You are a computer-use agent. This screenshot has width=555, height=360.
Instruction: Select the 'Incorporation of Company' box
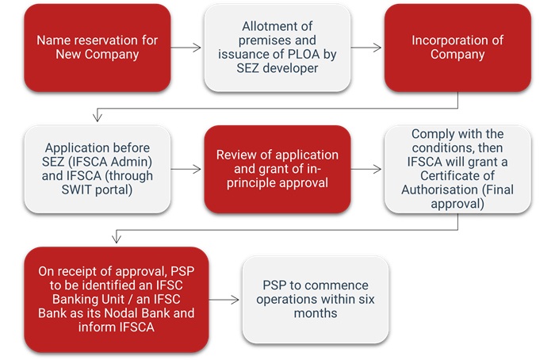pyautogui.click(x=457, y=47)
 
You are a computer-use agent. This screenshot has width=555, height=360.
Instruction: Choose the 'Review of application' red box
pyautogui.click(x=277, y=169)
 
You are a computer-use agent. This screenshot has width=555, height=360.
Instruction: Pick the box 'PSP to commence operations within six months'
pyautogui.click(x=316, y=299)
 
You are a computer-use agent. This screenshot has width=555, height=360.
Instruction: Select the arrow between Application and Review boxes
pyautogui.click(x=187, y=169)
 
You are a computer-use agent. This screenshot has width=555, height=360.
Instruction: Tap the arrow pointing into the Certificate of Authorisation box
pyautogui.click(x=367, y=169)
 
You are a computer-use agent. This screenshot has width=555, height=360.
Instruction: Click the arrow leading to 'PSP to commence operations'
pyautogui.click(x=224, y=300)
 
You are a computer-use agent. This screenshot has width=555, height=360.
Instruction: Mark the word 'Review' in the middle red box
pyautogui.click(x=236, y=155)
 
